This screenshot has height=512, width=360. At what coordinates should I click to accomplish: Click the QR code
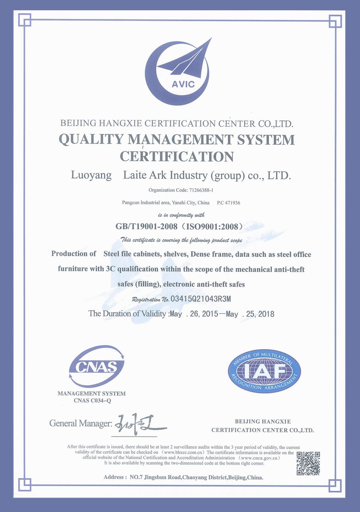click(x=308, y=463)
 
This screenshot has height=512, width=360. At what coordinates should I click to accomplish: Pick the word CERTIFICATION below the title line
click(x=177, y=156)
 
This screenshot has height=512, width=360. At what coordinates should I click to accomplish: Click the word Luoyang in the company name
click(x=90, y=175)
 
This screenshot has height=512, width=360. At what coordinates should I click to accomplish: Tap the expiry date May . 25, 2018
click(x=250, y=314)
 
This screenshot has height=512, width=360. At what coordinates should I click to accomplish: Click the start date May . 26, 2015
click(x=193, y=314)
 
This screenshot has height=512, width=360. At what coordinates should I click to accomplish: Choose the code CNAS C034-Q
click(x=91, y=400)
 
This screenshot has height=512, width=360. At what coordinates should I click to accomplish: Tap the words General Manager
click(x=80, y=423)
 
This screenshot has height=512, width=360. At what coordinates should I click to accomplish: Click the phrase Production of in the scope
click(x=74, y=254)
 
